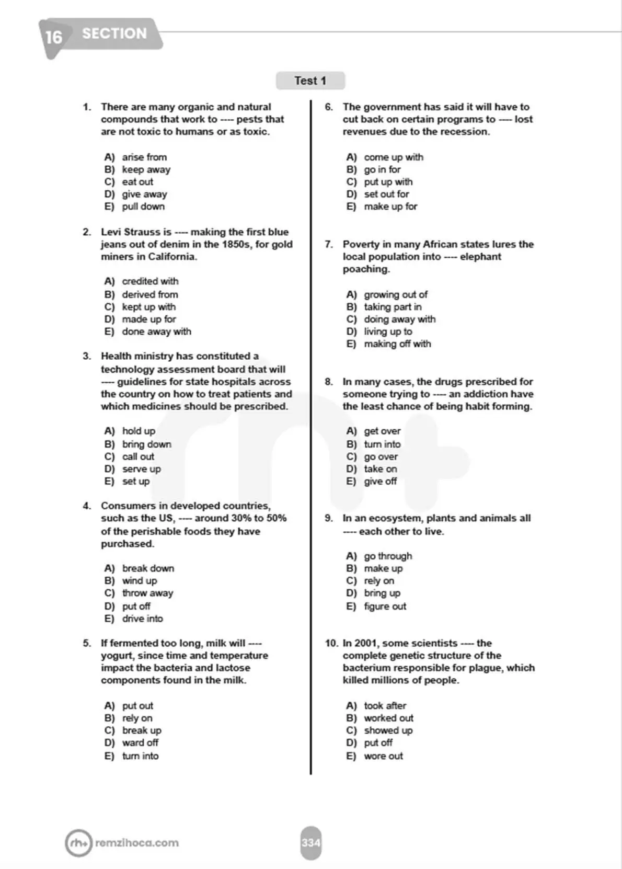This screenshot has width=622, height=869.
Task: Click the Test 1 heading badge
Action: pos(310,81)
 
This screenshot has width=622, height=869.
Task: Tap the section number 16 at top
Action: pos(53,37)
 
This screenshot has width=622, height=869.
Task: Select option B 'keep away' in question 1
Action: pos(146,169)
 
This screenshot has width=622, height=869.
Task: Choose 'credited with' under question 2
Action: pos(150,281)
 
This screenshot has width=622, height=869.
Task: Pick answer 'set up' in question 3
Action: pos(136,482)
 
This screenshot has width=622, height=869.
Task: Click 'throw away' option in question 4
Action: pos(147,593)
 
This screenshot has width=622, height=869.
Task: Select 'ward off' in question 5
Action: pos(140,743)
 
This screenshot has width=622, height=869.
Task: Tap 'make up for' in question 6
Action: pos(390,207)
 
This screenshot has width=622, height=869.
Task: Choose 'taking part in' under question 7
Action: pos(393,307)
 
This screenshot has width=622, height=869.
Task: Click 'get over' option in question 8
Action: pos(382,431)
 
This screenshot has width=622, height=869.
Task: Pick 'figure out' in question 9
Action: pos(385,607)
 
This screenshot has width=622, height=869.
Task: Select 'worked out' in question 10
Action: pos(388,718)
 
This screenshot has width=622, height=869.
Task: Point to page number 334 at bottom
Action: pos(310,843)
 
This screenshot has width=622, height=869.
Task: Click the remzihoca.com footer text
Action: pos(137,843)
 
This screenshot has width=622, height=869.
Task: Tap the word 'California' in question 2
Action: pos(172,257)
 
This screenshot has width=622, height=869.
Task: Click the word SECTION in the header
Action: pos(114,33)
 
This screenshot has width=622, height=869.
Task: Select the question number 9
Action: pos(328,518)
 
